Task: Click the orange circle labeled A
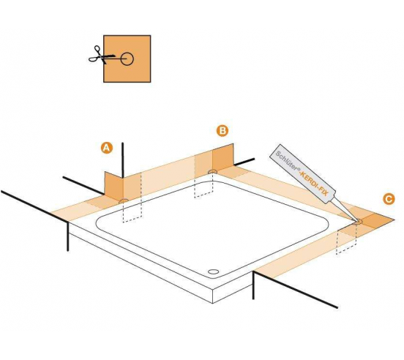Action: (106, 148)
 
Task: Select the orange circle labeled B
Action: (222, 131)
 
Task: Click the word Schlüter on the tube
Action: (286, 162)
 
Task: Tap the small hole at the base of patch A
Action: (123, 200)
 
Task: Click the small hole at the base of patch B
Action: (212, 173)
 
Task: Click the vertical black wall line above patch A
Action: (122, 157)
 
